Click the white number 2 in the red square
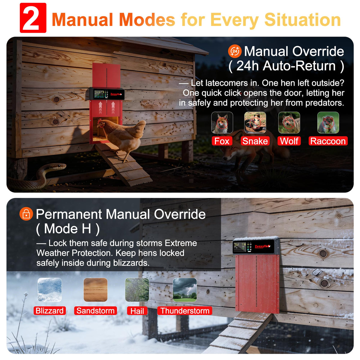pyautogui.click(x=33, y=18)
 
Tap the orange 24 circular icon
pyautogui.click(x=235, y=51)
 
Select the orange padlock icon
pyautogui.click(x=26, y=214)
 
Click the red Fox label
pyautogui.click(x=222, y=141)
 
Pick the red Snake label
pyautogui.click(x=255, y=141)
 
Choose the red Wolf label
pyautogui.click(x=289, y=141)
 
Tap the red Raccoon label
pyautogui.click(x=328, y=141)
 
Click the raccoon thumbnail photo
pyautogui.click(x=328, y=123)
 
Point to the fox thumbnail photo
pyautogui.click(x=222, y=123)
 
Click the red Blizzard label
pyautogui.click(x=50, y=311)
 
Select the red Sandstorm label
pyautogui.click(x=95, y=311)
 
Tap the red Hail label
pyautogui.click(x=137, y=311)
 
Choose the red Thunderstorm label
pyautogui.click(x=185, y=311)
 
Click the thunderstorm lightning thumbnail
pyautogui.click(x=185, y=290)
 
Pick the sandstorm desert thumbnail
pyautogui.click(x=95, y=290)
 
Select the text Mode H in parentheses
pyautogui.click(x=68, y=229)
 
